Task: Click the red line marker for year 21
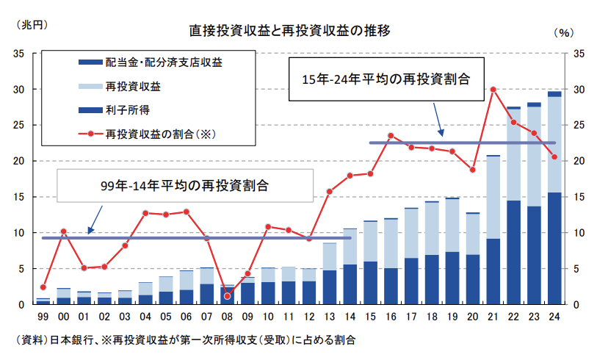pyautogui.click(x=493, y=90)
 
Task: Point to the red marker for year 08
pyautogui.click(x=228, y=296)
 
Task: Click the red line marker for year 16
pyautogui.click(x=391, y=135)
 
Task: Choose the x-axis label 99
pyautogui.click(x=43, y=317)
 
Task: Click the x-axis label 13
pyautogui.click(x=330, y=317)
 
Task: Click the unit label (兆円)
pyautogui.click(x=30, y=24)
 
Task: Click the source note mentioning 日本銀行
pyautogui.click(x=184, y=340)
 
